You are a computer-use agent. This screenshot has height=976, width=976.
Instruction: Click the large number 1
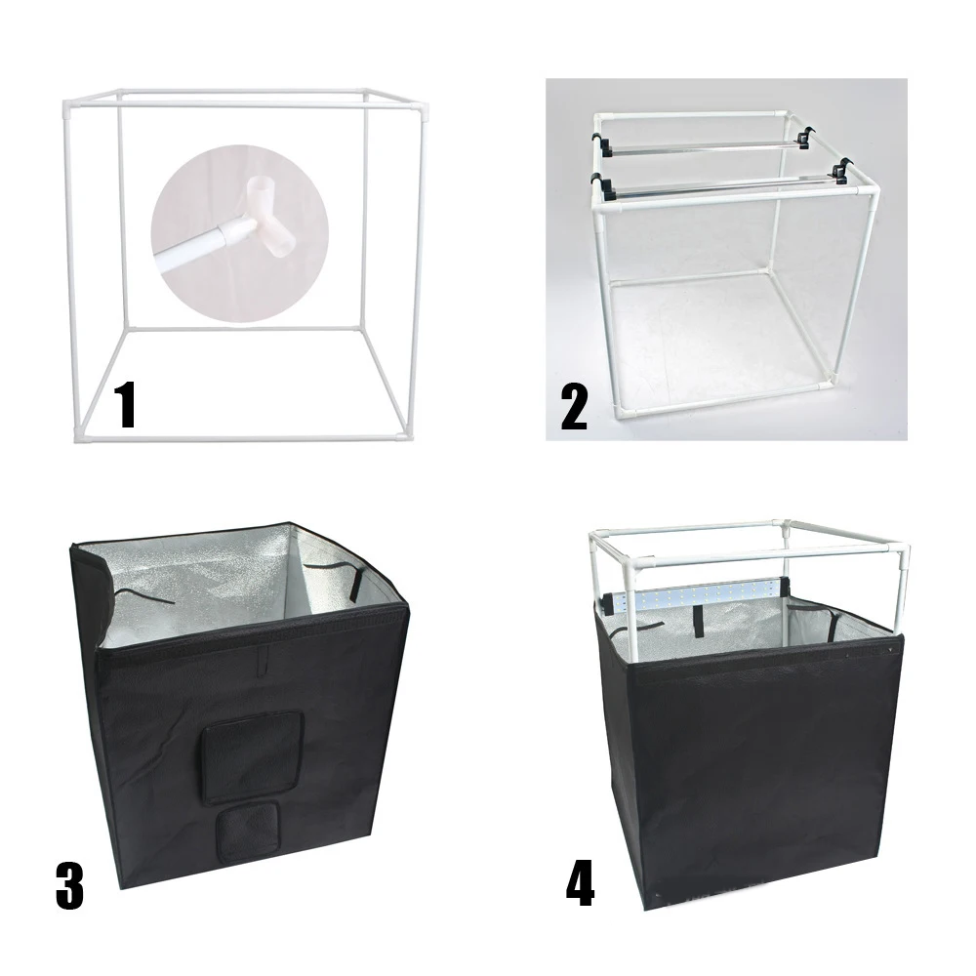127,405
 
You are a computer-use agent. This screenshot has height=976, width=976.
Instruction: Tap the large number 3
69,885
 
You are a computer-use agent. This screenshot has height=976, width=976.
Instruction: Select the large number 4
580,884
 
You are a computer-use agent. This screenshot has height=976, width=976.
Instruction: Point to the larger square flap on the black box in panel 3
252,756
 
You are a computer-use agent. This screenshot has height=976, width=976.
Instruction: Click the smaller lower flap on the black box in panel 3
247,831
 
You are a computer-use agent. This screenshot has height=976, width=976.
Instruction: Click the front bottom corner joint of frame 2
621,411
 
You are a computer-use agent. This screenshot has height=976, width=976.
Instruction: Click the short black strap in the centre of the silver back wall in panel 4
699,621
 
